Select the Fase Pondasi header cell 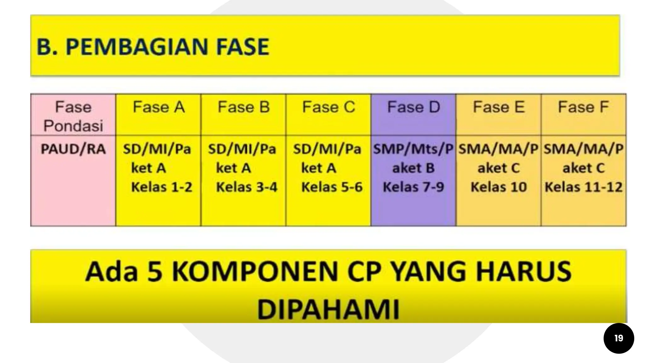click(73, 116)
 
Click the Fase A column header click(158, 107)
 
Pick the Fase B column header click(243, 107)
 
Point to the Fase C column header click(328, 107)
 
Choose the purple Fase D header click(414, 107)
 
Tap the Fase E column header click(499, 107)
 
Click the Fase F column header click(583, 107)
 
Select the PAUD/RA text click(73, 149)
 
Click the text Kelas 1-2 click(162, 187)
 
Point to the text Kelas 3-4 click(247, 187)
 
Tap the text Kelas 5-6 click(332, 187)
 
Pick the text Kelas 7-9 click(413, 187)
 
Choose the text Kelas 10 click(499, 187)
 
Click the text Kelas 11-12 click(584, 187)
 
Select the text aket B click(413, 168)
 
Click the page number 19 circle click(619, 338)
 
